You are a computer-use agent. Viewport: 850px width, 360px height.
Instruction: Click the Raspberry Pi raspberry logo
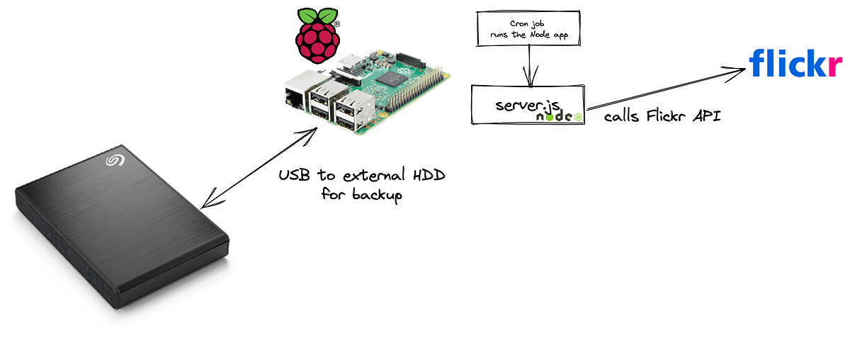point(317,35)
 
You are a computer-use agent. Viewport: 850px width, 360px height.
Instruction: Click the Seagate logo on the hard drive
point(115,161)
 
